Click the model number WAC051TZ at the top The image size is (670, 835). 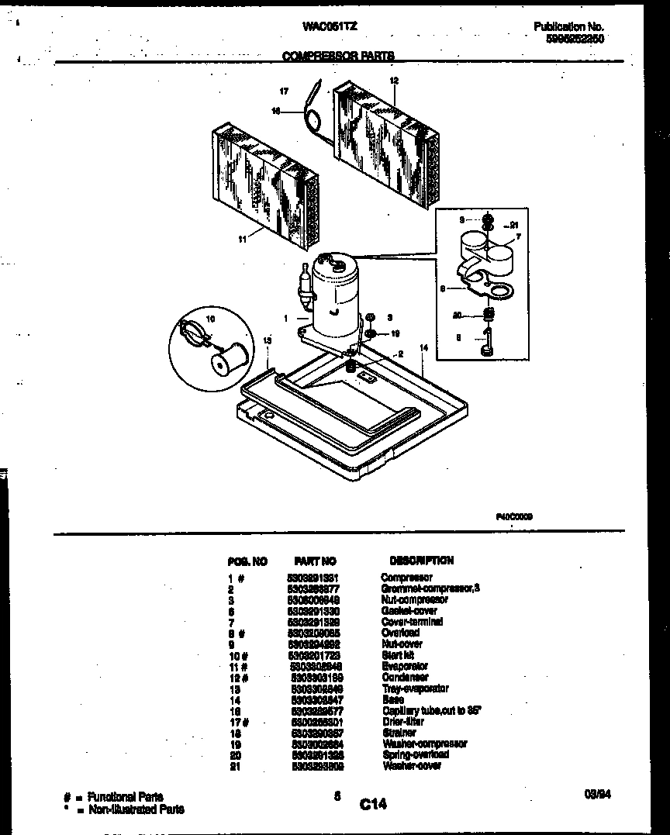coord(330,26)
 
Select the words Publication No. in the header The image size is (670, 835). coord(568,26)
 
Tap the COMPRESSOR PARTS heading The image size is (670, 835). coord(338,56)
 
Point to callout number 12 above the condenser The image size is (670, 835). coord(393,81)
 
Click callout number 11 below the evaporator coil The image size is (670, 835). coord(243,240)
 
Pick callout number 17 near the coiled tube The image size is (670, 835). coord(285,91)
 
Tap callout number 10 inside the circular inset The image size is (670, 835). coord(210,319)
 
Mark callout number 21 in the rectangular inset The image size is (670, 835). coord(513,225)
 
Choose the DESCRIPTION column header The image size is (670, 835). coord(421,560)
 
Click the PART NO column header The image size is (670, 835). coord(316,561)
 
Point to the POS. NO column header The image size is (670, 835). coord(248,561)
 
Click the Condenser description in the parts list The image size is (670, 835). coord(405,677)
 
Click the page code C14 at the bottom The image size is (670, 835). coord(373,805)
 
